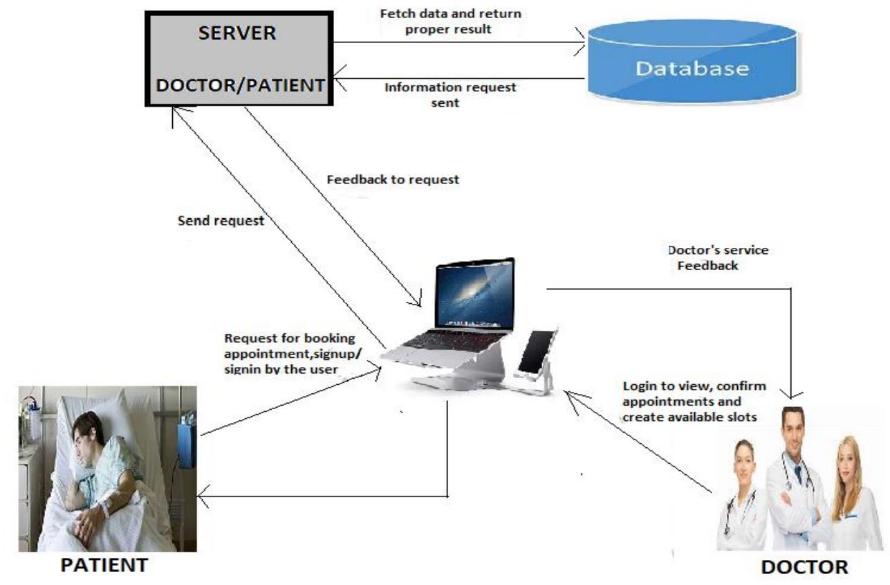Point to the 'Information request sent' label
coord(450,95)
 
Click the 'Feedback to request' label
coord(392,179)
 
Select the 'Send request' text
coord(221,222)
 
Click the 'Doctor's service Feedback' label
coord(718,258)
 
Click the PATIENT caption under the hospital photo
coord(104,564)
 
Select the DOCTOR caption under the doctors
coord(804,567)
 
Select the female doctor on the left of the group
coord(744,495)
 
